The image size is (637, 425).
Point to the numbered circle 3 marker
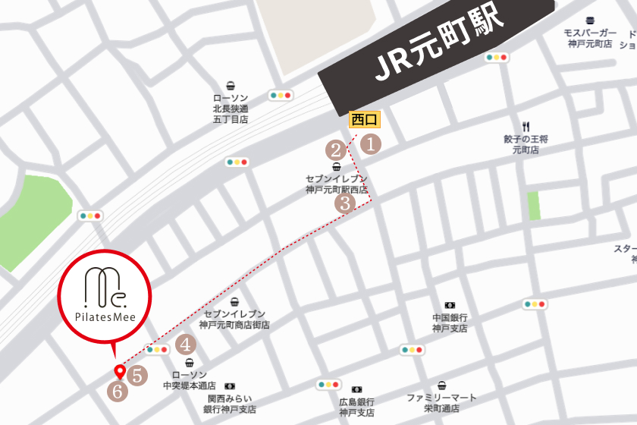point(345,203)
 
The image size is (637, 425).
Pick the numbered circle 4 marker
point(186,345)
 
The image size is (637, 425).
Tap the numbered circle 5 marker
point(137,374)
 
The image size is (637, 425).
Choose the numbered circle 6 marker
point(118,392)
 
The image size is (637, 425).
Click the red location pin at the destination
point(119,372)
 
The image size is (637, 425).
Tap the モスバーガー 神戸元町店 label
point(589,39)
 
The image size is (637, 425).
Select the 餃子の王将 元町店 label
point(525,144)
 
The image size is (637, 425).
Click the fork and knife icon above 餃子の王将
point(525,126)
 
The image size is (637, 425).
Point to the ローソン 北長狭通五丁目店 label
point(231,109)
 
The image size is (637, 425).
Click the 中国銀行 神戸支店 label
point(450,323)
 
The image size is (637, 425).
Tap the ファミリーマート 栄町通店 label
point(441,402)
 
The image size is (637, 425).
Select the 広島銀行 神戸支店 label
point(356,407)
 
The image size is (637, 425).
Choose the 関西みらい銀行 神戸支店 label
point(230,404)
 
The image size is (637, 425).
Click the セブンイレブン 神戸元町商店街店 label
point(234,319)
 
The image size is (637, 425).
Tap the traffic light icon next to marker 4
point(158,350)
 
